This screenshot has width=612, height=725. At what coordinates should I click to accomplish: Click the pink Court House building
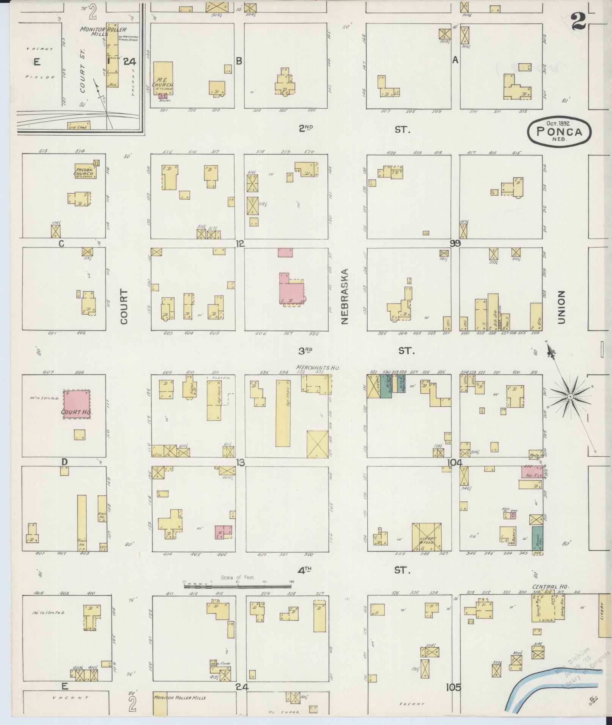point(77,404)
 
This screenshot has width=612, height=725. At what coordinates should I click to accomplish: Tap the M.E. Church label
point(163,83)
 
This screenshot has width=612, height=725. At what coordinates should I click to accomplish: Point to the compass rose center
point(570,396)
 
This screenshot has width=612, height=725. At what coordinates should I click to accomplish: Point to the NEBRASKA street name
point(345,297)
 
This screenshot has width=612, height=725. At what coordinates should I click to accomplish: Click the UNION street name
point(561,307)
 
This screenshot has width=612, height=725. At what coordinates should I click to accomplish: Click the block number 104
point(455,462)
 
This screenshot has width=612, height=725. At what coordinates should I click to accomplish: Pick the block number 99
point(455,244)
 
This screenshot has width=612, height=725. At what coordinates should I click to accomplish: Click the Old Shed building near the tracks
point(79,125)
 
